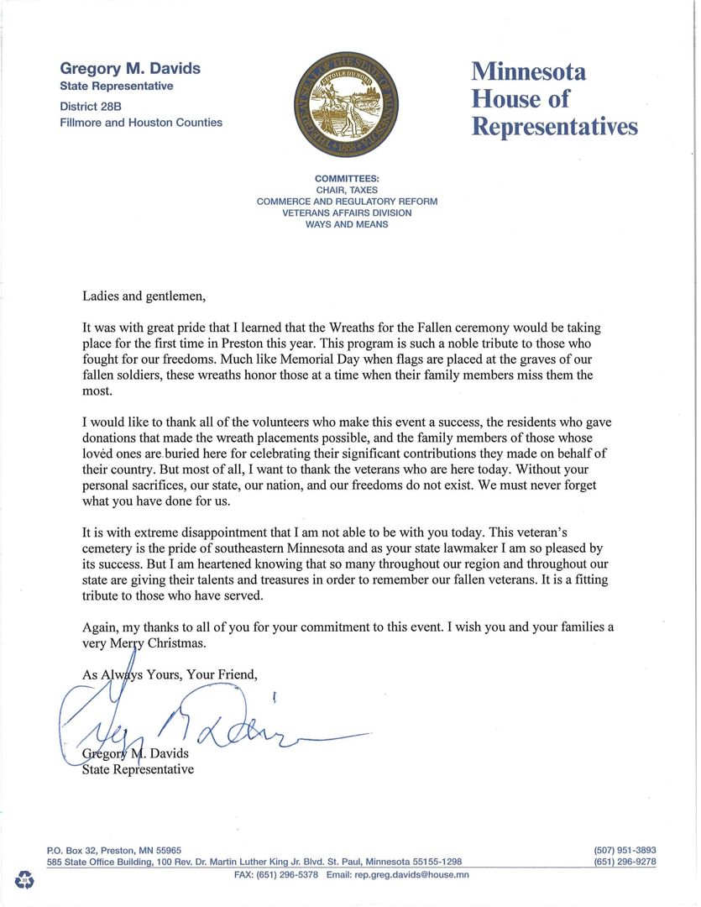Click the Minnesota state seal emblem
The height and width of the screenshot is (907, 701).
click(x=347, y=107)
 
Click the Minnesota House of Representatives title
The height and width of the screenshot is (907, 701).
click(x=553, y=98)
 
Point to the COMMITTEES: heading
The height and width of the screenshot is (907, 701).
click(x=347, y=179)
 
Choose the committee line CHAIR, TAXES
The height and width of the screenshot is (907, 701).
click(x=347, y=191)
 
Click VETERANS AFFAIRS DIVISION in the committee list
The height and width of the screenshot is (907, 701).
click(x=347, y=213)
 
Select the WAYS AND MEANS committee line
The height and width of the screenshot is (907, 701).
click(x=347, y=225)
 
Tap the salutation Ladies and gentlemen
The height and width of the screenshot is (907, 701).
click(x=144, y=296)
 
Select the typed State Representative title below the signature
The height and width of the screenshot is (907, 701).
click(x=138, y=769)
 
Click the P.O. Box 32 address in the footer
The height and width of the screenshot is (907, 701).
click(x=114, y=850)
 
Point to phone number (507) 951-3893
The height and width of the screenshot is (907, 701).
click(x=625, y=850)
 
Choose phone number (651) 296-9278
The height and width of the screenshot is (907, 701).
click(x=625, y=862)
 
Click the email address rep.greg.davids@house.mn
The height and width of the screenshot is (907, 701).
click(x=410, y=874)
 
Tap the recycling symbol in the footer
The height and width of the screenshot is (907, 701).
click(x=24, y=880)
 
